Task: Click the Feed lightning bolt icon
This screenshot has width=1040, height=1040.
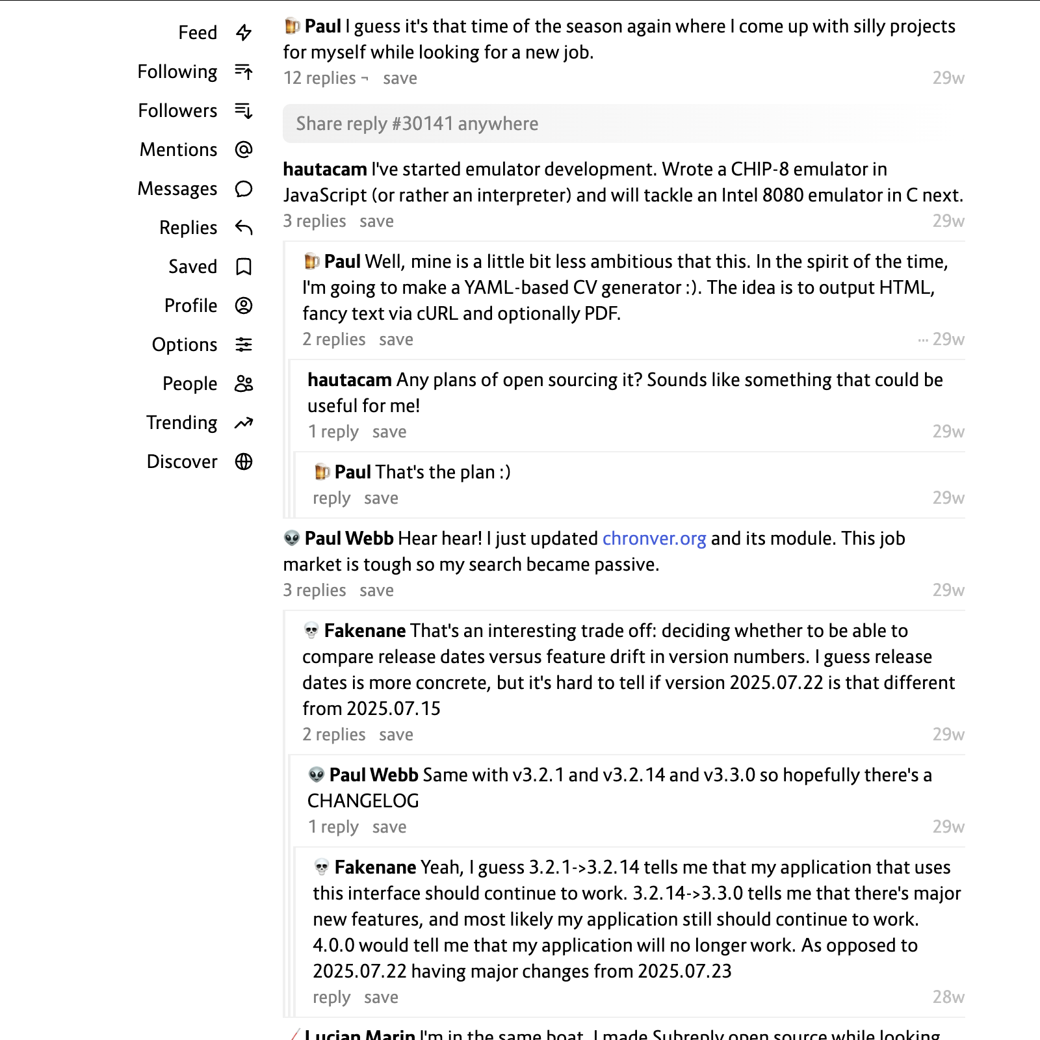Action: [244, 32]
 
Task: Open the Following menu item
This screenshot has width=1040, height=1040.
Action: [177, 71]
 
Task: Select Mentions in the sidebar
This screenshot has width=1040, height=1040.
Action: [179, 149]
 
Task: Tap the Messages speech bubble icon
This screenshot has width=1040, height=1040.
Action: [244, 188]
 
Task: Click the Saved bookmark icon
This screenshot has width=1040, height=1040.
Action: [244, 266]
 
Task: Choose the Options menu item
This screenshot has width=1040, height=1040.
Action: [185, 344]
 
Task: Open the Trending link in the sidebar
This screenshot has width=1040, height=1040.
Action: [182, 422]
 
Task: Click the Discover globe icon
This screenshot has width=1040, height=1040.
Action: [244, 461]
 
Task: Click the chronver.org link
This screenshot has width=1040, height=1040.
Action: [654, 538]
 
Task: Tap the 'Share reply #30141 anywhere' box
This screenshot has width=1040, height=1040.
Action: [606, 123]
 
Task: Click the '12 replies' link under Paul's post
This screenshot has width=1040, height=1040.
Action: [320, 78]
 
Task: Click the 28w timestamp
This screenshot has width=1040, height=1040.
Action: [948, 997]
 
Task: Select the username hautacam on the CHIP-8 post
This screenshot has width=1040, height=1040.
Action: [325, 169]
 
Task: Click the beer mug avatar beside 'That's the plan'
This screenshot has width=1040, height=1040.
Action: [322, 472]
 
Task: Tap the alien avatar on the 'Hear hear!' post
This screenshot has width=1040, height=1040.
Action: [292, 538]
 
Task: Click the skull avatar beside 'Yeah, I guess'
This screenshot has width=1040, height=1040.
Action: [322, 867]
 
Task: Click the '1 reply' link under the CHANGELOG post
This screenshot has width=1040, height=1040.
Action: [333, 827]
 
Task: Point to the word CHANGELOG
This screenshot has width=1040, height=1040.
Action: [363, 801]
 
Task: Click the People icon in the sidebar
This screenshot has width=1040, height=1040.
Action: [244, 383]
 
